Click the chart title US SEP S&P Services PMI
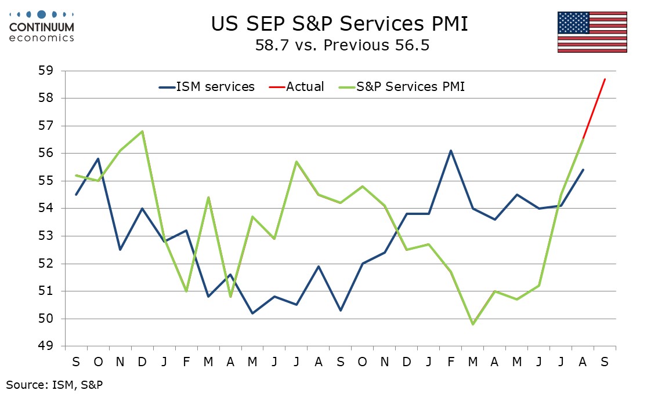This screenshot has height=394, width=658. coord(339,24)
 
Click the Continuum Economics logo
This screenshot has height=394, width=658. coord(42,27)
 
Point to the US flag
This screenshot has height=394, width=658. coord(592,32)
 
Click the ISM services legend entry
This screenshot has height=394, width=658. coord(207,87)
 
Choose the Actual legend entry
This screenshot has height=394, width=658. coord(297,87)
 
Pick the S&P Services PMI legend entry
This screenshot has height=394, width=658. coord(402,87)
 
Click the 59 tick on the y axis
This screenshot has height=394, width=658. coord(46,71)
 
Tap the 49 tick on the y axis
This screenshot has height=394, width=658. coord(46,346)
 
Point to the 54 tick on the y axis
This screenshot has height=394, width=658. coord(46,209)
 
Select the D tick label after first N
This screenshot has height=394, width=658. coord(142,362)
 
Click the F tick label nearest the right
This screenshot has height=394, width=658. coord(451,362)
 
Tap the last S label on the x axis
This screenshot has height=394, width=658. coord(605,362)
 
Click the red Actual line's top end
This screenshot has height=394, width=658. coord(605,79)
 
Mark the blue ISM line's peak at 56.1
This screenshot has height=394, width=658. coord(451,151)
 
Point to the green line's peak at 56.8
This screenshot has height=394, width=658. coord(142,131)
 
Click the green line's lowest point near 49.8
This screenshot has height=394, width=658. coord(473,324)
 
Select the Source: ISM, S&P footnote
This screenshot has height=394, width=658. coord(55,385)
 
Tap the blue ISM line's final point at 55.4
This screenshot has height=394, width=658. coord(583,170)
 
